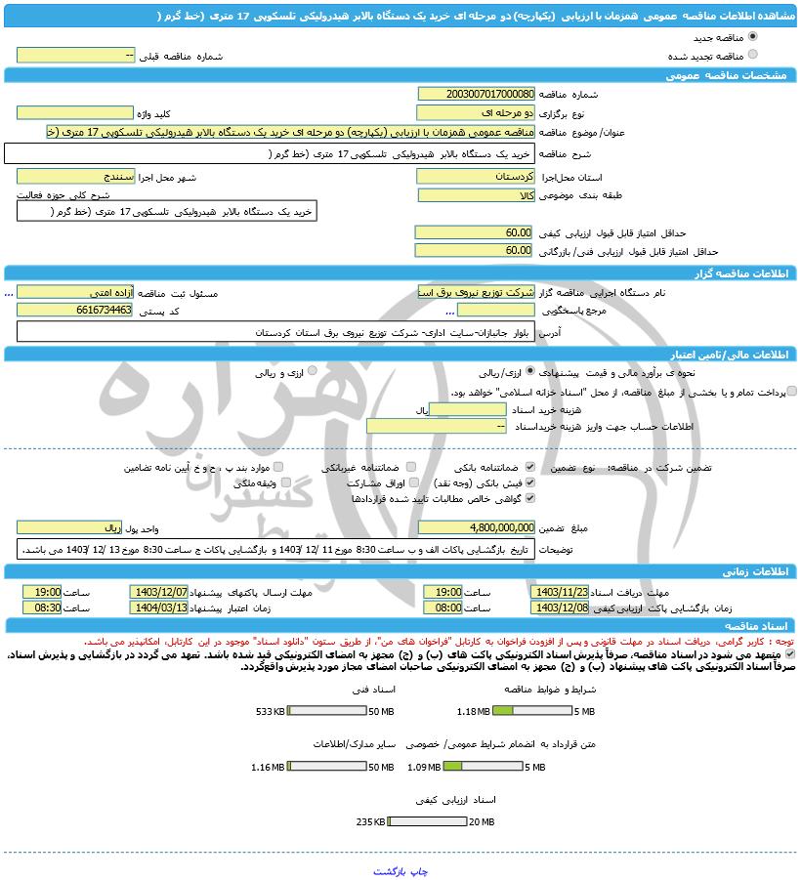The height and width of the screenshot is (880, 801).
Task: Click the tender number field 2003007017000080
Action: point(476,95)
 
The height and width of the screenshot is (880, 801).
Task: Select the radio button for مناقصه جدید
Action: point(752,36)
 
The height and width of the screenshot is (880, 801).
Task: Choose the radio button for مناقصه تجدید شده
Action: point(752,55)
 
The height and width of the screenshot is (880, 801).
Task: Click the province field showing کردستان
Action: point(476,177)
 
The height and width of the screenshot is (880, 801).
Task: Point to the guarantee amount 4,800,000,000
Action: point(476,527)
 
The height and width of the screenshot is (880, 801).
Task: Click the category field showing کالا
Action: point(476,195)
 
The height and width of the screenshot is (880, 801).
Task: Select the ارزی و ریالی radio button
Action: point(300,372)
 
